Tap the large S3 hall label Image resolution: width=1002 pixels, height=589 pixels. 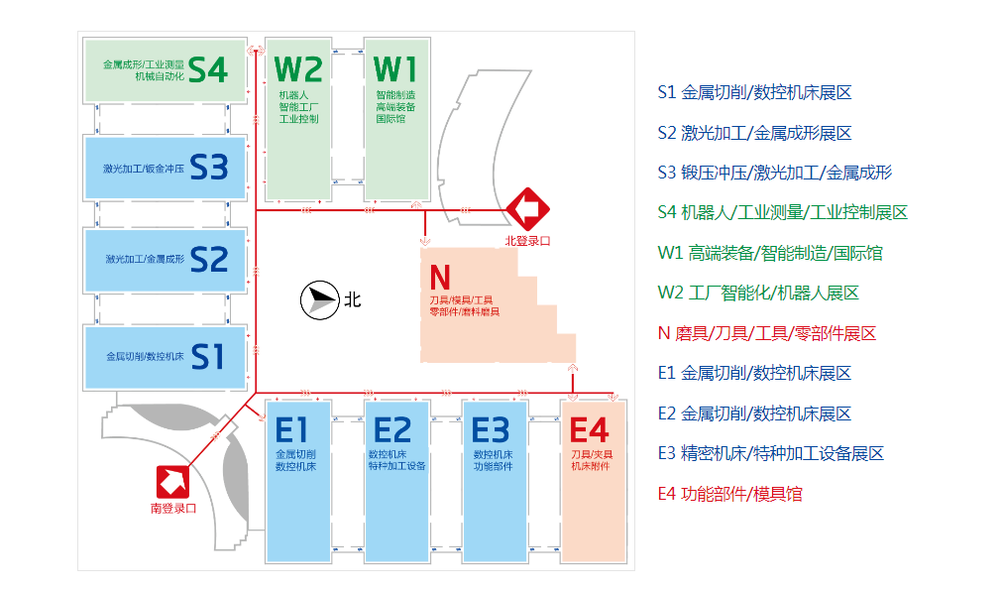208,167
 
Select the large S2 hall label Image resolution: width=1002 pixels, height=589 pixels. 208,260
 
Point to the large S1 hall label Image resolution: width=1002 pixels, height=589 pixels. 208,355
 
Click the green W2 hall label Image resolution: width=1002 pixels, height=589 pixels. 298,69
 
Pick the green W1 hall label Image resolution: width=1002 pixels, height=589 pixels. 394,69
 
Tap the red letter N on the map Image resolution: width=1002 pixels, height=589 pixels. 440,276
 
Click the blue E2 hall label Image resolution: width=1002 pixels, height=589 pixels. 393,430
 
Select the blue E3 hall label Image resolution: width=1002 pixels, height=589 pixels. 491,430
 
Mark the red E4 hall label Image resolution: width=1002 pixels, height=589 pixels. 590,430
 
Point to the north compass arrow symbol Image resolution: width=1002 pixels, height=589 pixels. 317,299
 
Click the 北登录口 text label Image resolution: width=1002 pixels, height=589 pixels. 526,239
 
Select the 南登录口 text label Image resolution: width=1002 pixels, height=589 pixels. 173,508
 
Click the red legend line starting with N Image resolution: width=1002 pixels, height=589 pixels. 766,333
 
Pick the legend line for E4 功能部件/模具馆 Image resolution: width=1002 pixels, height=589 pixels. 729,494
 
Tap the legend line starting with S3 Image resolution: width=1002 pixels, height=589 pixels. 774,173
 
